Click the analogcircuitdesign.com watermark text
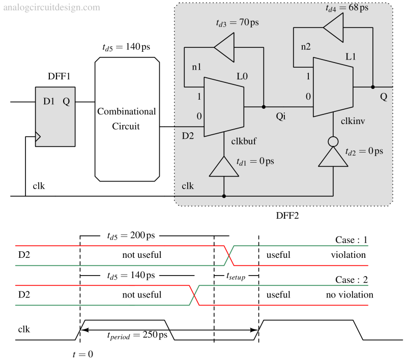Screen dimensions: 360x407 (51, 8)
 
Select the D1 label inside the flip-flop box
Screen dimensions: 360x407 (49, 101)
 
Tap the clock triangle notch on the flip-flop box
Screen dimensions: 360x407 (38, 136)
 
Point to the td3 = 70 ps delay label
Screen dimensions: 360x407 (237, 23)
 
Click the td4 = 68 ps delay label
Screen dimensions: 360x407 (346, 9)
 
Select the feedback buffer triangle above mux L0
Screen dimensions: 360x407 (224, 48)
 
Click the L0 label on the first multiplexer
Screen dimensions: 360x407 (242, 77)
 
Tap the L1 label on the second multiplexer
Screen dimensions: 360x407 (351, 57)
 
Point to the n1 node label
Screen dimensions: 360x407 (196, 67)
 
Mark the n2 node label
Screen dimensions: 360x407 (305, 47)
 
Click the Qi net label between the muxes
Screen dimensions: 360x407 (281, 117)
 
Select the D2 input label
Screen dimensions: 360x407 (188, 136)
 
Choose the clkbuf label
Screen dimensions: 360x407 (244, 141)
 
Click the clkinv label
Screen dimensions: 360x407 (353, 121)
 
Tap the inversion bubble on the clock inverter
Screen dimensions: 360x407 (333, 141)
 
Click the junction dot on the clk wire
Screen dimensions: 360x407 (224, 196)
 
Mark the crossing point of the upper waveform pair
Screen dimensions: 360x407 (229, 255)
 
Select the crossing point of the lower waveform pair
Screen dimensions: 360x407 (194, 295)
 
